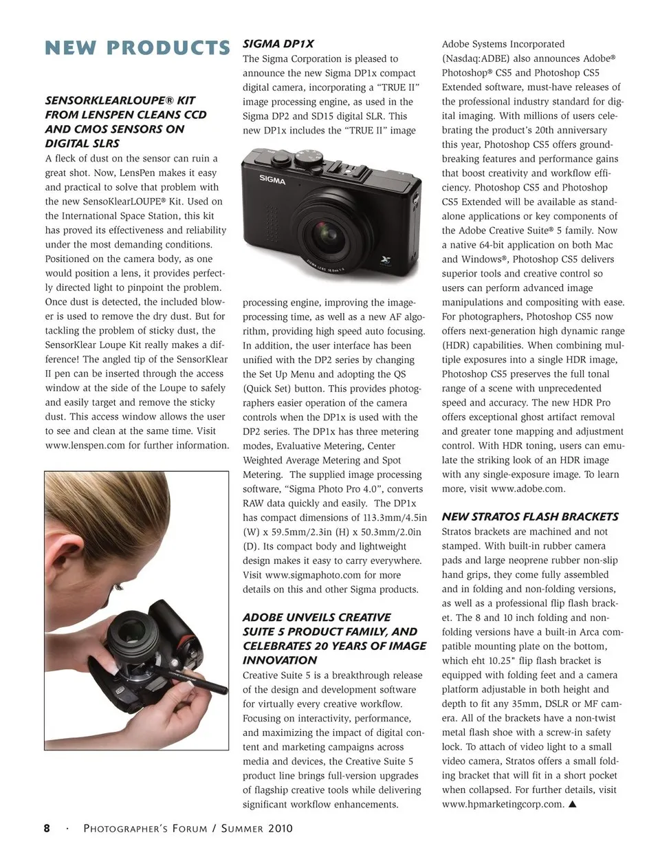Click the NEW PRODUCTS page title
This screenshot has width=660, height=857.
pos(137,48)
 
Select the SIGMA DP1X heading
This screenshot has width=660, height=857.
pos(278,44)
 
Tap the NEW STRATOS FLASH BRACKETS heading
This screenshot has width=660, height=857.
pos(530,517)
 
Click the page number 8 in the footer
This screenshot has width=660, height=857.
pos(47,828)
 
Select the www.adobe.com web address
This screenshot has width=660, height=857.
pos(527,489)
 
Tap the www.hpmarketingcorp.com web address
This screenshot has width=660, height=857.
pos(503,804)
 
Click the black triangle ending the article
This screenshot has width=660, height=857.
pos(572,804)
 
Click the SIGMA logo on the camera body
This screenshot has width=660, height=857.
pos(272,180)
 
